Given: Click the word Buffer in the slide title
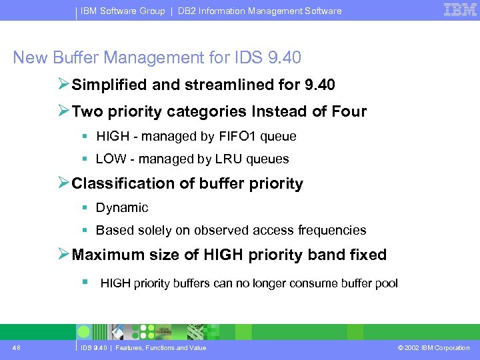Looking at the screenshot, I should click(78, 58).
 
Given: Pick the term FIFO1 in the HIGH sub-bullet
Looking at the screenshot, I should click(237, 137).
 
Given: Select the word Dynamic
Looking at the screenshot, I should click(122, 208).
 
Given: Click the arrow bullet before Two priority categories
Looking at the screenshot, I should click(63, 111).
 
